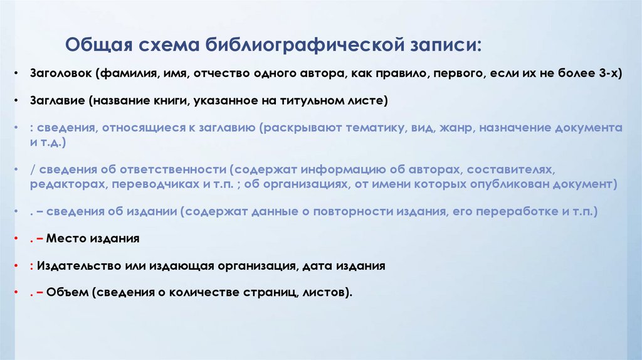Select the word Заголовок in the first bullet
61,73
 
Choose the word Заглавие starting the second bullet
57,100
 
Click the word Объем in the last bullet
65,292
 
